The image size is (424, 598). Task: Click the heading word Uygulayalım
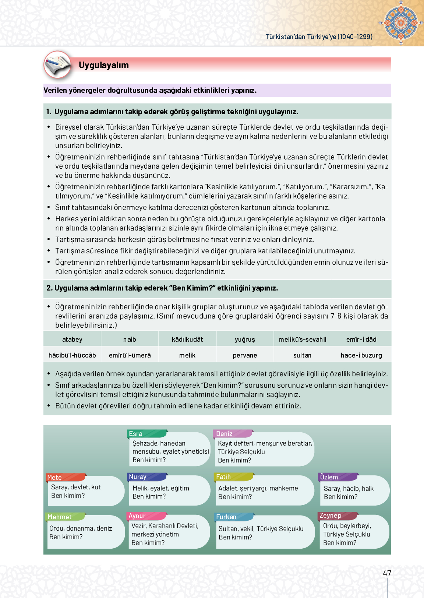(x=103, y=65)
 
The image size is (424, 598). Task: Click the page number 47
(x=387, y=573)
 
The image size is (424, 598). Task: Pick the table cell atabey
(x=72, y=340)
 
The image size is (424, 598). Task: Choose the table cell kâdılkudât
(x=187, y=340)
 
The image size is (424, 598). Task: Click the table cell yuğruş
(x=245, y=340)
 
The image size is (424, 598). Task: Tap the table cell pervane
(x=245, y=355)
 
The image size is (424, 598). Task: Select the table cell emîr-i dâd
(x=361, y=340)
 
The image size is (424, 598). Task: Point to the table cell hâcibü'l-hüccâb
(x=72, y=355)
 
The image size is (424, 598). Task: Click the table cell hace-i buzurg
(x=361, y=355)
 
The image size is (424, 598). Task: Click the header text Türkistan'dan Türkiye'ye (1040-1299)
(x=319, y=37)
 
